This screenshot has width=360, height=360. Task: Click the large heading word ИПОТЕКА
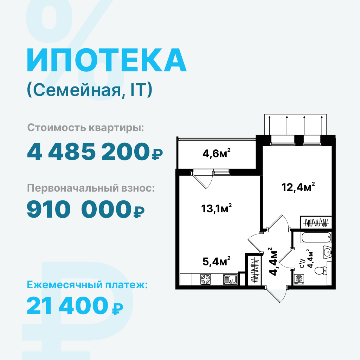point(107,60)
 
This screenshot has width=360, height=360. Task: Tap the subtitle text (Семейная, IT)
point(90,90)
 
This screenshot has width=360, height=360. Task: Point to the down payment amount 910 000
point(79,209)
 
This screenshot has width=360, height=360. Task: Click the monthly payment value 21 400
point(67,306)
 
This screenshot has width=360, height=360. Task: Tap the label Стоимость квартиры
point(86,128)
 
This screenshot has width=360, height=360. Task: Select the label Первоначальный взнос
point(91,188)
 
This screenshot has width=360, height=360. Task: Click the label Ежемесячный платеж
point(87,285)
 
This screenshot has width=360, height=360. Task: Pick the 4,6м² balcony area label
point(216,153)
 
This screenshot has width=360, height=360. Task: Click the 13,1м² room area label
point(216,208)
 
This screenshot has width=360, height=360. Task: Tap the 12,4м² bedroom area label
point(298,187)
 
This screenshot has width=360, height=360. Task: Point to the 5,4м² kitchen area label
point(216,261)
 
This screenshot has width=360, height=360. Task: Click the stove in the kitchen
point(205,279)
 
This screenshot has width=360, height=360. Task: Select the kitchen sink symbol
point(231,279)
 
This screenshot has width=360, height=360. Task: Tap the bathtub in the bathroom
point(316,237)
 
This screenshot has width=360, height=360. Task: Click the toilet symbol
point(321,270)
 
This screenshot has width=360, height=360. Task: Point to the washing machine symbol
point(299,279)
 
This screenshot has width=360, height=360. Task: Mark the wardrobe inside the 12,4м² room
point(316,223)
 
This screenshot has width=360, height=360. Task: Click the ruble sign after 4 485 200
point(157,154)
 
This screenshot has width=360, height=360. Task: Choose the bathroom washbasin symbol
point(327,252)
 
